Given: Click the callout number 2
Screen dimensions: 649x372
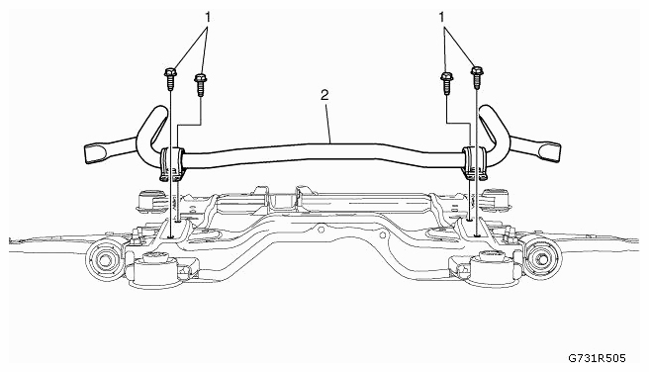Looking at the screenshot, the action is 324,95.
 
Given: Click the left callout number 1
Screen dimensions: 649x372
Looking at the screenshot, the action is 208,18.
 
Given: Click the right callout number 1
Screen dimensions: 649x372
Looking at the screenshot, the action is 442,18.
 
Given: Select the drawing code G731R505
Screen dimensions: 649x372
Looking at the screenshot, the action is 597,358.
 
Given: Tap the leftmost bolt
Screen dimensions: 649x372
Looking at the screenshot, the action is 170,78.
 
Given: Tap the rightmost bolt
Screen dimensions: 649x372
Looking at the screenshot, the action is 477,78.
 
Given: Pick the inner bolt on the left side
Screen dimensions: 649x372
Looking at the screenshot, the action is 200,85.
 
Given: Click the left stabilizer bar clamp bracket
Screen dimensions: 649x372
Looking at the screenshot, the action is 171,164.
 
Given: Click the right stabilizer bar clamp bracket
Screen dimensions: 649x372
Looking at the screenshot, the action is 475,162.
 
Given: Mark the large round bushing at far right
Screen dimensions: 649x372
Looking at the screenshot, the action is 542,259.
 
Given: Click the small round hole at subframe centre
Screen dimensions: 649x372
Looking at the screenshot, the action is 321,228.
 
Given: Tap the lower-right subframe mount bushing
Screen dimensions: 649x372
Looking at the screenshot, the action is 488,269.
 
